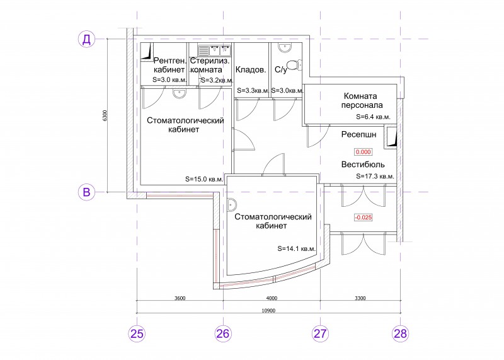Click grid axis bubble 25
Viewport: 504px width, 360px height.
tap(137, 334)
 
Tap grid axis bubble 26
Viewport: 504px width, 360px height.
tap(223, 334)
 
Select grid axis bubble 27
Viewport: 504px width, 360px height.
tap(320, 334)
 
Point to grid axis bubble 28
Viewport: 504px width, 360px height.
tap(401, 334)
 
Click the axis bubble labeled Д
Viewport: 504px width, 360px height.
tap(87, 39)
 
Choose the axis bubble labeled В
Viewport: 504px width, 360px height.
tap(87, 192)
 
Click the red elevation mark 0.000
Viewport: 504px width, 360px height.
tap(364, 152)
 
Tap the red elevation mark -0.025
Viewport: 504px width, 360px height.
tap(364, 218)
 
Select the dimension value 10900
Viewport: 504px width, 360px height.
tap(268, 310)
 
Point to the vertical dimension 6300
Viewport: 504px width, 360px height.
tap(104, 116)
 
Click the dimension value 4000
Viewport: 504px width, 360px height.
tap(272, 298)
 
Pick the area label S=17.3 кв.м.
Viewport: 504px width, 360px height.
tap(375, 177)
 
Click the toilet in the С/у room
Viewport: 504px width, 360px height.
tap(293, 64)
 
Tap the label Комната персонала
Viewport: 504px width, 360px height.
tap(362, 100)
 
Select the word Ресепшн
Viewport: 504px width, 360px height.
tap(358, 134)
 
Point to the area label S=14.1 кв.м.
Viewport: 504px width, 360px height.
tap(296, 248)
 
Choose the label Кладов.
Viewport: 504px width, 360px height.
tap(251, 70)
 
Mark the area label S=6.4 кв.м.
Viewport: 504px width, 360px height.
tap(373, 117)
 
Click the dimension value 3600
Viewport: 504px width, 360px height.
tap(180, 298)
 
